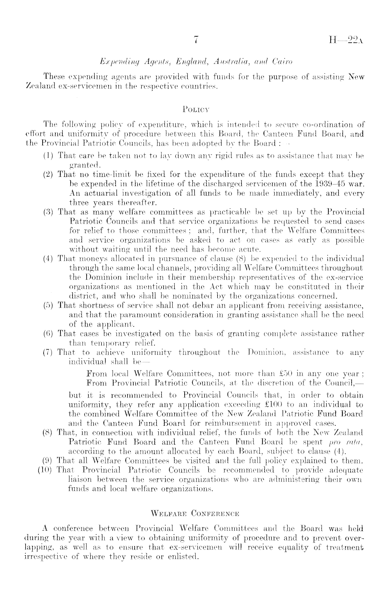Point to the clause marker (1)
point(49,156)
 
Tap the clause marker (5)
point(49,306)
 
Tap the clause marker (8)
point(49,432)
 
